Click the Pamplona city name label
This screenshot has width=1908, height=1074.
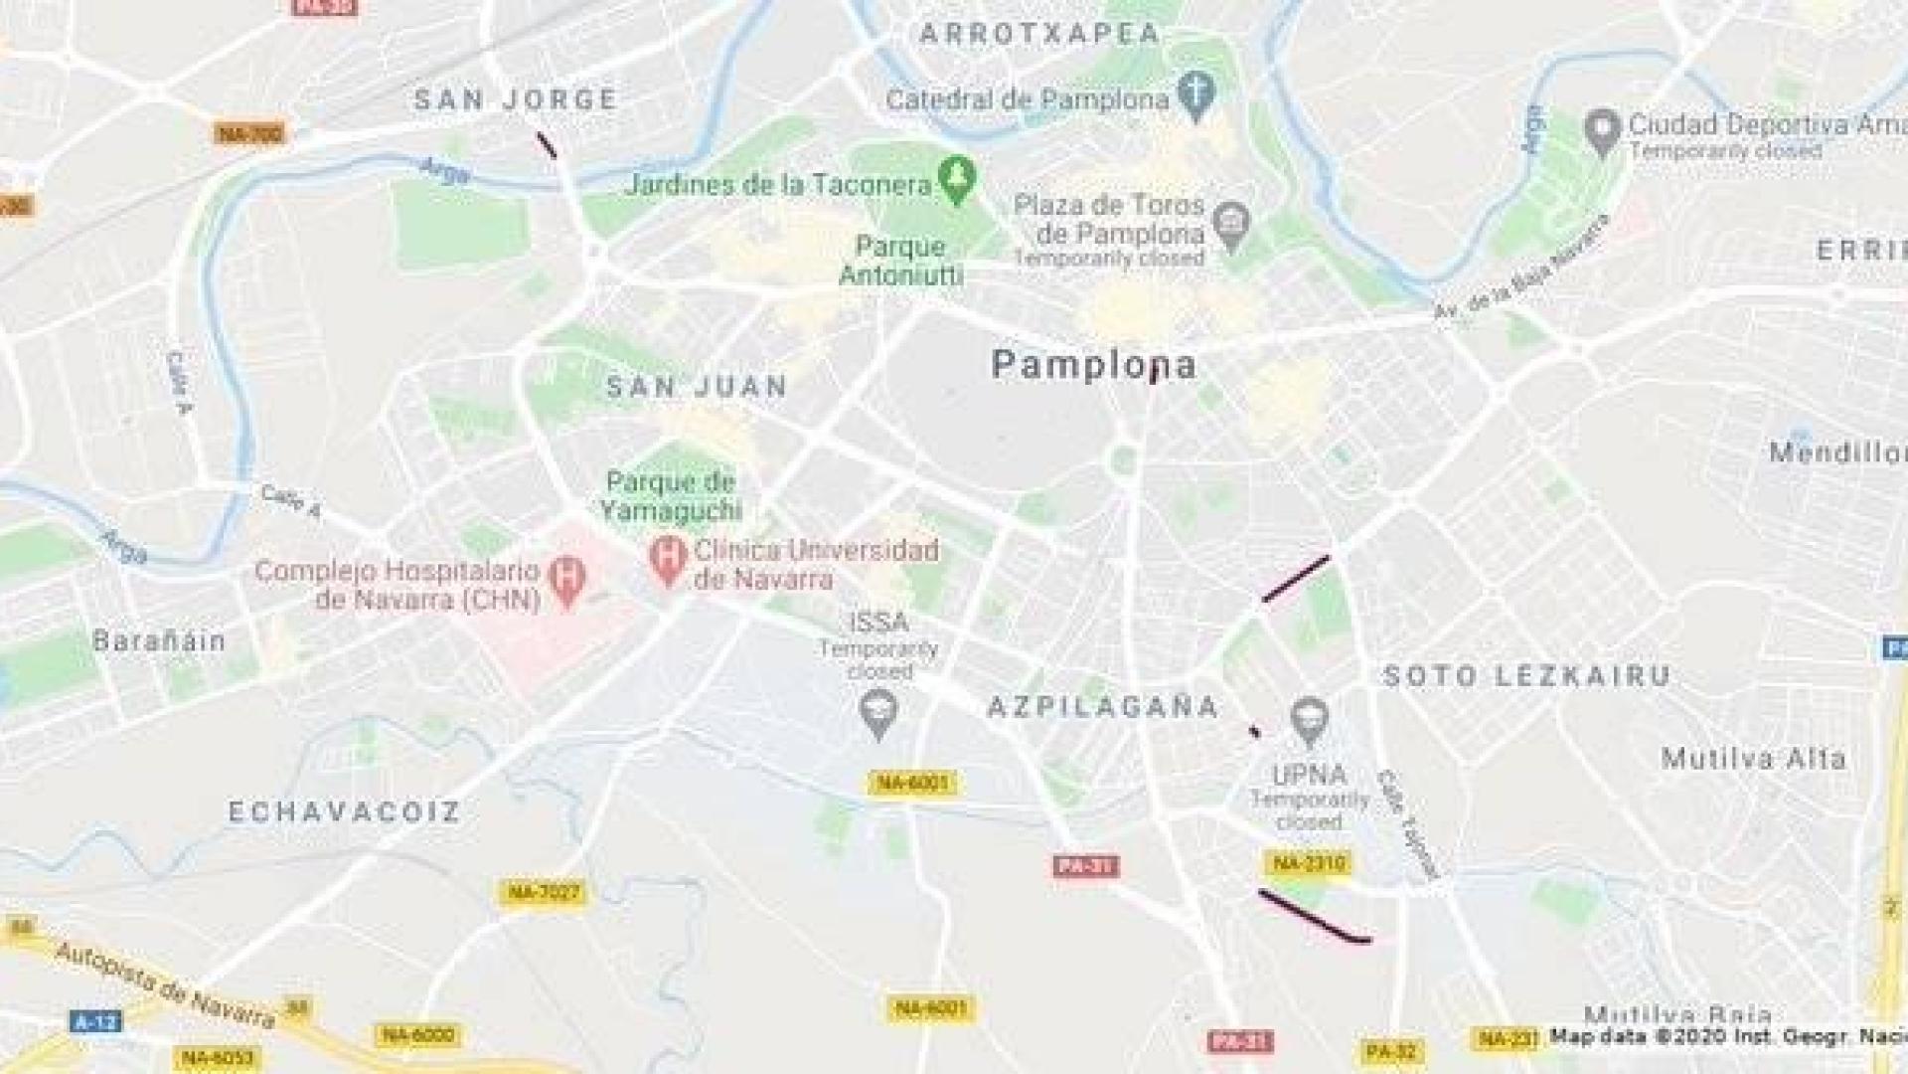(1093, 364)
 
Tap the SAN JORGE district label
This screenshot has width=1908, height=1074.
(516, 99)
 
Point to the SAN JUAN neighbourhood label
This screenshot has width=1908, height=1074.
(697, 386)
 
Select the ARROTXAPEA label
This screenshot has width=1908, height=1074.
(1039, 34)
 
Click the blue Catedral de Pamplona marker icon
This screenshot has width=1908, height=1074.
(1196, 94)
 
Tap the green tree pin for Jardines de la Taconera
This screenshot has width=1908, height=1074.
(957, 179)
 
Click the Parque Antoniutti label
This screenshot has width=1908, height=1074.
(901, 260)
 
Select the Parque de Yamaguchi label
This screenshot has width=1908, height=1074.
(671, 496)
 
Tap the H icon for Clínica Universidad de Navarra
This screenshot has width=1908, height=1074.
(668, 559)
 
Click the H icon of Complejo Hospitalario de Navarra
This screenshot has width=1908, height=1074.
(567, 580)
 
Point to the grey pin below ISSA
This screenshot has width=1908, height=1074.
(877, 713)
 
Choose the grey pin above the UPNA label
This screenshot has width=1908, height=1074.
(1309, 721)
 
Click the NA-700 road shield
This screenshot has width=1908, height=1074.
(249, 133)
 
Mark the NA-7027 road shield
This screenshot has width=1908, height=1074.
(544, 892)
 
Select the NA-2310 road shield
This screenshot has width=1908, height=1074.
(1309, 863)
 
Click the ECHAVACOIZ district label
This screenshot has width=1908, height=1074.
(345, 811)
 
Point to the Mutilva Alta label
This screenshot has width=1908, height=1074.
(1753, 759)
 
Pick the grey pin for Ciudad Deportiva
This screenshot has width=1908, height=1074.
(1602, 131)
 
